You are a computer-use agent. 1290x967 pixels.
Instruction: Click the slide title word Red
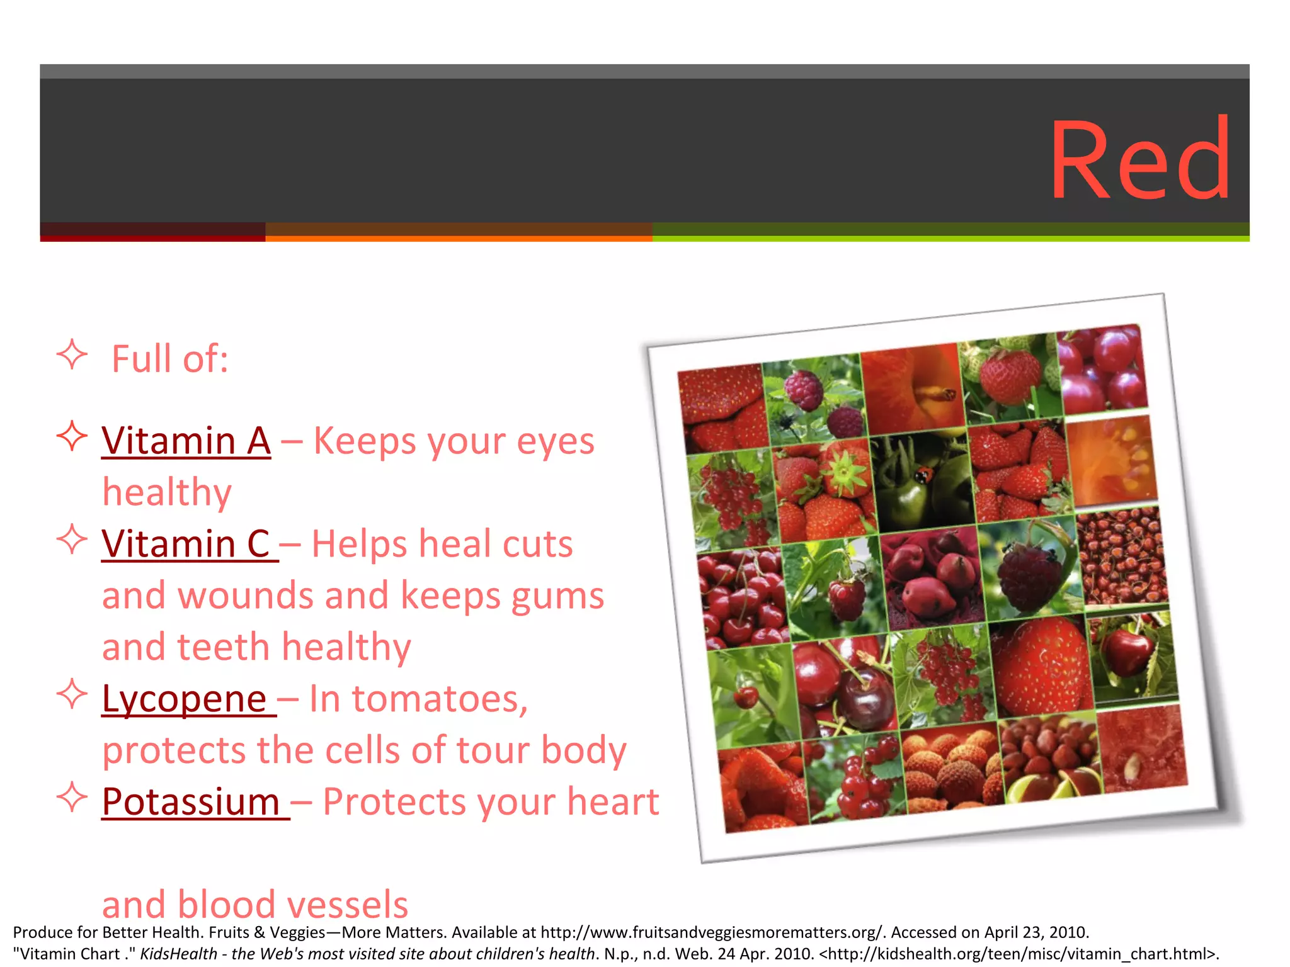pos(1140,160)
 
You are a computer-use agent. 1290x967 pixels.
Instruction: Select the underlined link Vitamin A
pos(186,441)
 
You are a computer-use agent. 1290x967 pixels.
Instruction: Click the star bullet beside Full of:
pos(72,355)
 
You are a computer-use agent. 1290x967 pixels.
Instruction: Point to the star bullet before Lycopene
pos(72,694)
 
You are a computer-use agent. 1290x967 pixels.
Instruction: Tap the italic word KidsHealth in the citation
pos(178,954)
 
